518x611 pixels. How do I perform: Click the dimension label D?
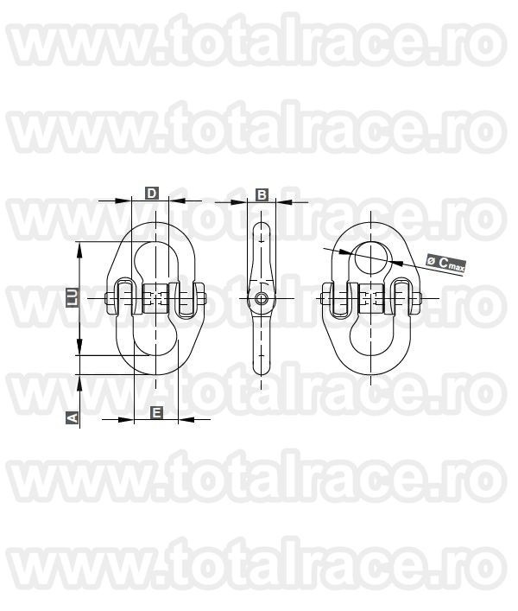pyautogui.click(x=151, y=194)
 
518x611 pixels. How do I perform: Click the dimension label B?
pyautogui.click(x=262, y=194)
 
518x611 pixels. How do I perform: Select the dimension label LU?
pyautogui.click(x=73, y=296)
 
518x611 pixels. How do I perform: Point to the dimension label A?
pyautogui.click(x=73, y=417)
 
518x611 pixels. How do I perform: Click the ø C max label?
pyautogui.click(x=445, y=264)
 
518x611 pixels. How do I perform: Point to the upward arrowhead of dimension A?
pyautogui.click(x=80, y=379)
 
